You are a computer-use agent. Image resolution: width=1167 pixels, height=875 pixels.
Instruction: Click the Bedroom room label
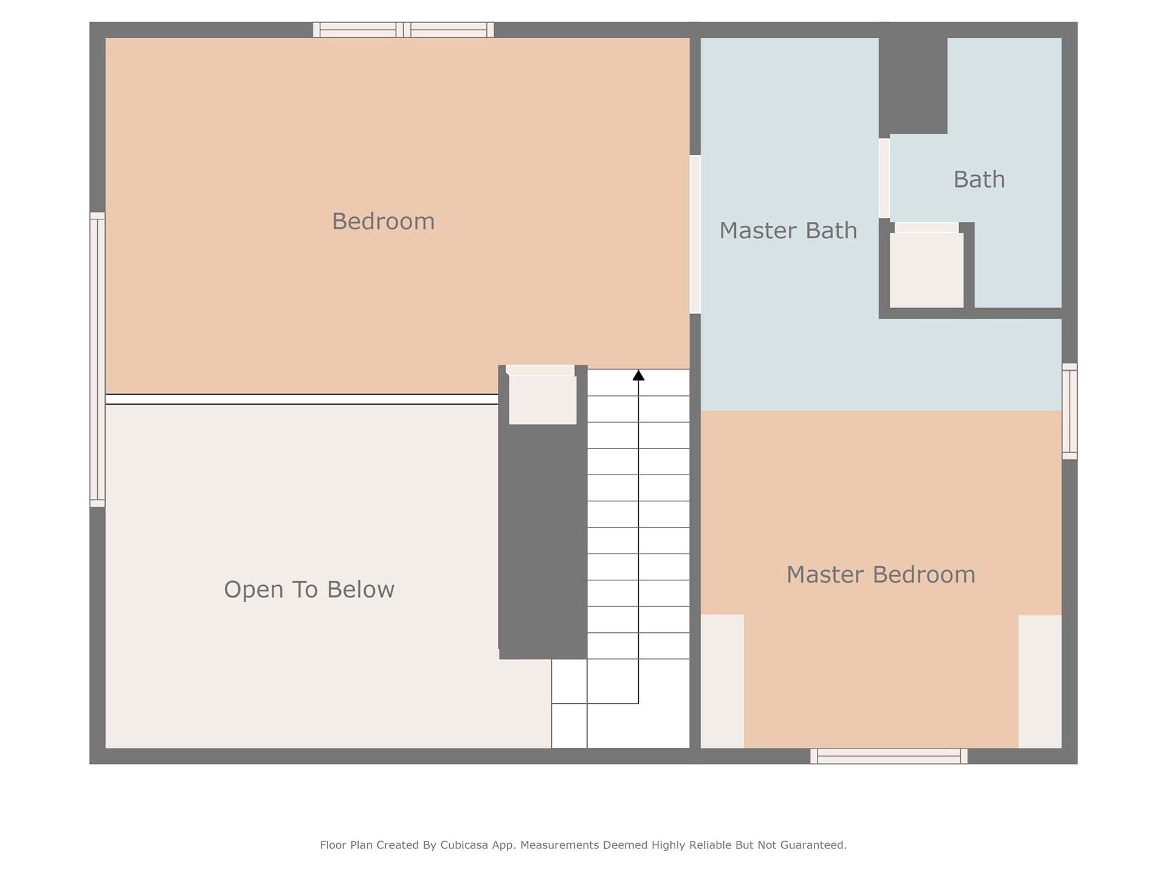[x=384, y=222]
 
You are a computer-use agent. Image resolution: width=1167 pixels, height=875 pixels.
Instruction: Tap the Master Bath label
[x=788, y=231]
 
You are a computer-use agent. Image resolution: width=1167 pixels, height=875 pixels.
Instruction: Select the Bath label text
[x=979, y=180]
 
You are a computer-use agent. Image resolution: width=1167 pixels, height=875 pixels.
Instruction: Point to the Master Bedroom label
[x=881, y=575]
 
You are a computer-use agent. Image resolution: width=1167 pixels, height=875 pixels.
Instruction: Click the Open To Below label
[x=309, y=589]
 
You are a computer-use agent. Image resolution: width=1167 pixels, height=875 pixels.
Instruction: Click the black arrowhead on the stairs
[x=638, y=376]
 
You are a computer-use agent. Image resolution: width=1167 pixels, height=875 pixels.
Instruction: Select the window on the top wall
[x=403, y=30]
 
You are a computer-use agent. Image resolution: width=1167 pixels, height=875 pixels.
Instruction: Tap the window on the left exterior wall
[x=97, y=360]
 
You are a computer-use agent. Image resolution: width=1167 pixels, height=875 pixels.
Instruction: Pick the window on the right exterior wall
[x=1070, y=411]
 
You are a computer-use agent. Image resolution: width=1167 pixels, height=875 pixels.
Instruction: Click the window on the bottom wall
[x=889, y=756]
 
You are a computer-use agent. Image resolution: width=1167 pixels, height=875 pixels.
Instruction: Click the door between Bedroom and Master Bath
[x=695, y=235]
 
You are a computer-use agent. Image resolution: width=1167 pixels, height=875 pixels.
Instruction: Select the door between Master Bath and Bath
[x=884, y=179]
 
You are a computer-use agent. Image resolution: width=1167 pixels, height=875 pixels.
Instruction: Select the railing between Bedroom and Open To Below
[x=301, y=399]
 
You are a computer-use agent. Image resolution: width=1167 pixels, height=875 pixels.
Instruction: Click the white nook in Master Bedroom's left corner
[x=723, y=681]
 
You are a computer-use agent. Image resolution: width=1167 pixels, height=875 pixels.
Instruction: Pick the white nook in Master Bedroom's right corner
[x=1040, y=681]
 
